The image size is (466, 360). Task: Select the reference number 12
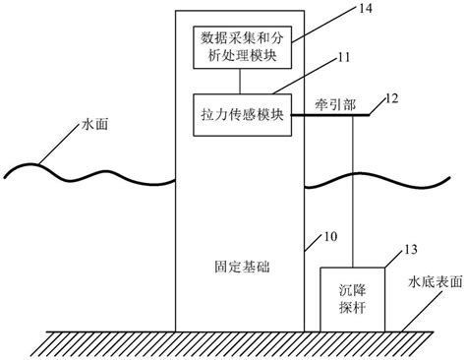tap(391, 99)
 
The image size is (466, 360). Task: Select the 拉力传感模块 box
tap(241, 114)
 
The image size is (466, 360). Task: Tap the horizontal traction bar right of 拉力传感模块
tap(328, 115)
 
